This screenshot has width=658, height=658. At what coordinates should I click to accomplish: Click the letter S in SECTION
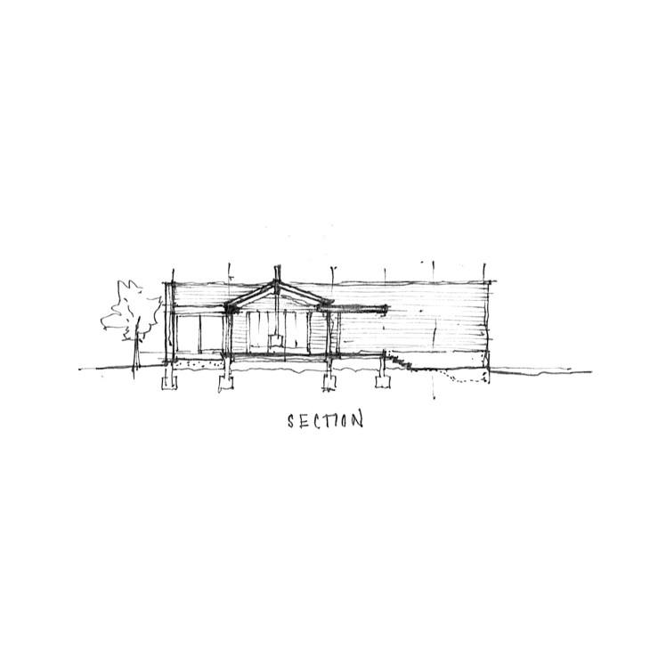tap(290, 420)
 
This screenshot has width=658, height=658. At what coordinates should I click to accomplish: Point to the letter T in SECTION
tap(324, 419)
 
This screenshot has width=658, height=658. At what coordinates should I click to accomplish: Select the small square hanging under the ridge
tap(275, 339)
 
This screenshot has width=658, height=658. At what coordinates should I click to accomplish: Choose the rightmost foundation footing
tap(385, 381)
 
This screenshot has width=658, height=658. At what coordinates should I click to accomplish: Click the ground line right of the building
tap(534, 370)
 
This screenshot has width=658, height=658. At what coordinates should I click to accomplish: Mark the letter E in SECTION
tap(302, 420)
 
